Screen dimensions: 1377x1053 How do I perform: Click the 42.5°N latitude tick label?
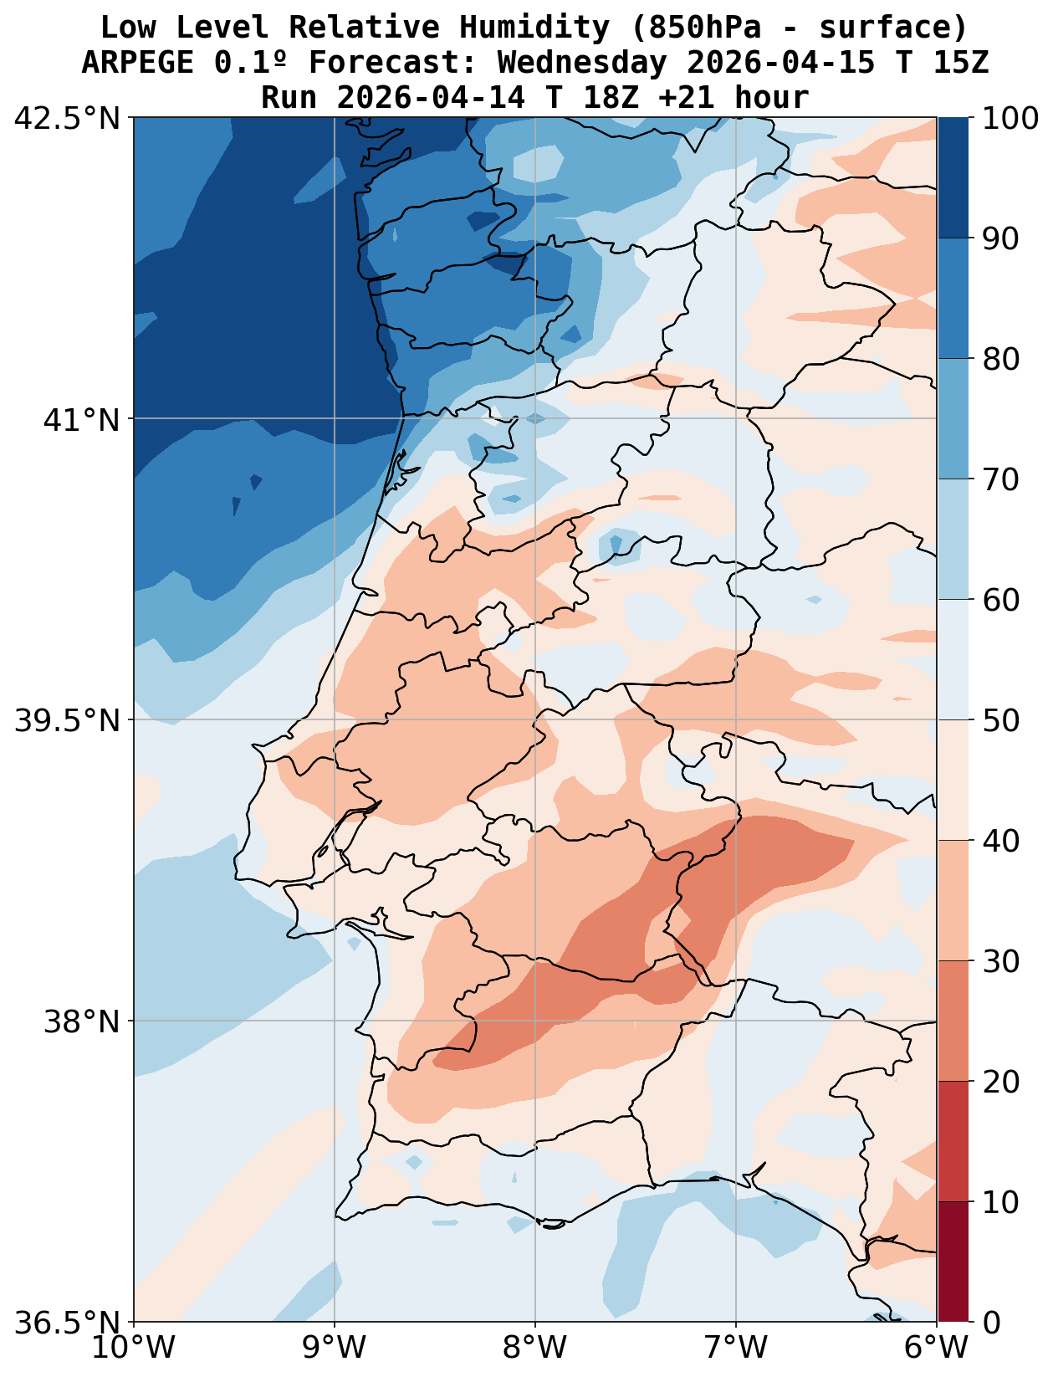click(x=68, y=118)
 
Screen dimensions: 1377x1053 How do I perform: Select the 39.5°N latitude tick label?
click(x=68, y=720)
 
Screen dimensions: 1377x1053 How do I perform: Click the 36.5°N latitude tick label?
click(x=68, y=1323)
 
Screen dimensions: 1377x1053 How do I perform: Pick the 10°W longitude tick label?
click(x=134, y=1348)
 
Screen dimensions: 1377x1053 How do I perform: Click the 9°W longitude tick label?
click(x=335, y=1348)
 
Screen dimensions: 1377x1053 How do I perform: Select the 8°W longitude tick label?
click(x=535, y=1348)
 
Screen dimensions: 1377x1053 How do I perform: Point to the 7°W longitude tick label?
click(x=736, y=1348)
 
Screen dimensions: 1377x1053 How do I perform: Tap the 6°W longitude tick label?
click(x=936, y=1348)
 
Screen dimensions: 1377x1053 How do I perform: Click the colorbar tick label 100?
click(x=1011, y=118)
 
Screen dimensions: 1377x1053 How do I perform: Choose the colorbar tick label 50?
click(x=1000, y=720)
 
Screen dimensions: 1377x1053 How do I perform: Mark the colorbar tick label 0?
click(x=990, y=1323)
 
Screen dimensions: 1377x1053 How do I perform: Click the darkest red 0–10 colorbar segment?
click(x=953, y=1262)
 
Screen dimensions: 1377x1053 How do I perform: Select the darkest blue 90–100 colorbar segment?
click(x=953, y=177)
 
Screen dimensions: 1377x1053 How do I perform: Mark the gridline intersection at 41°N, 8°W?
click(x=535, y=418)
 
